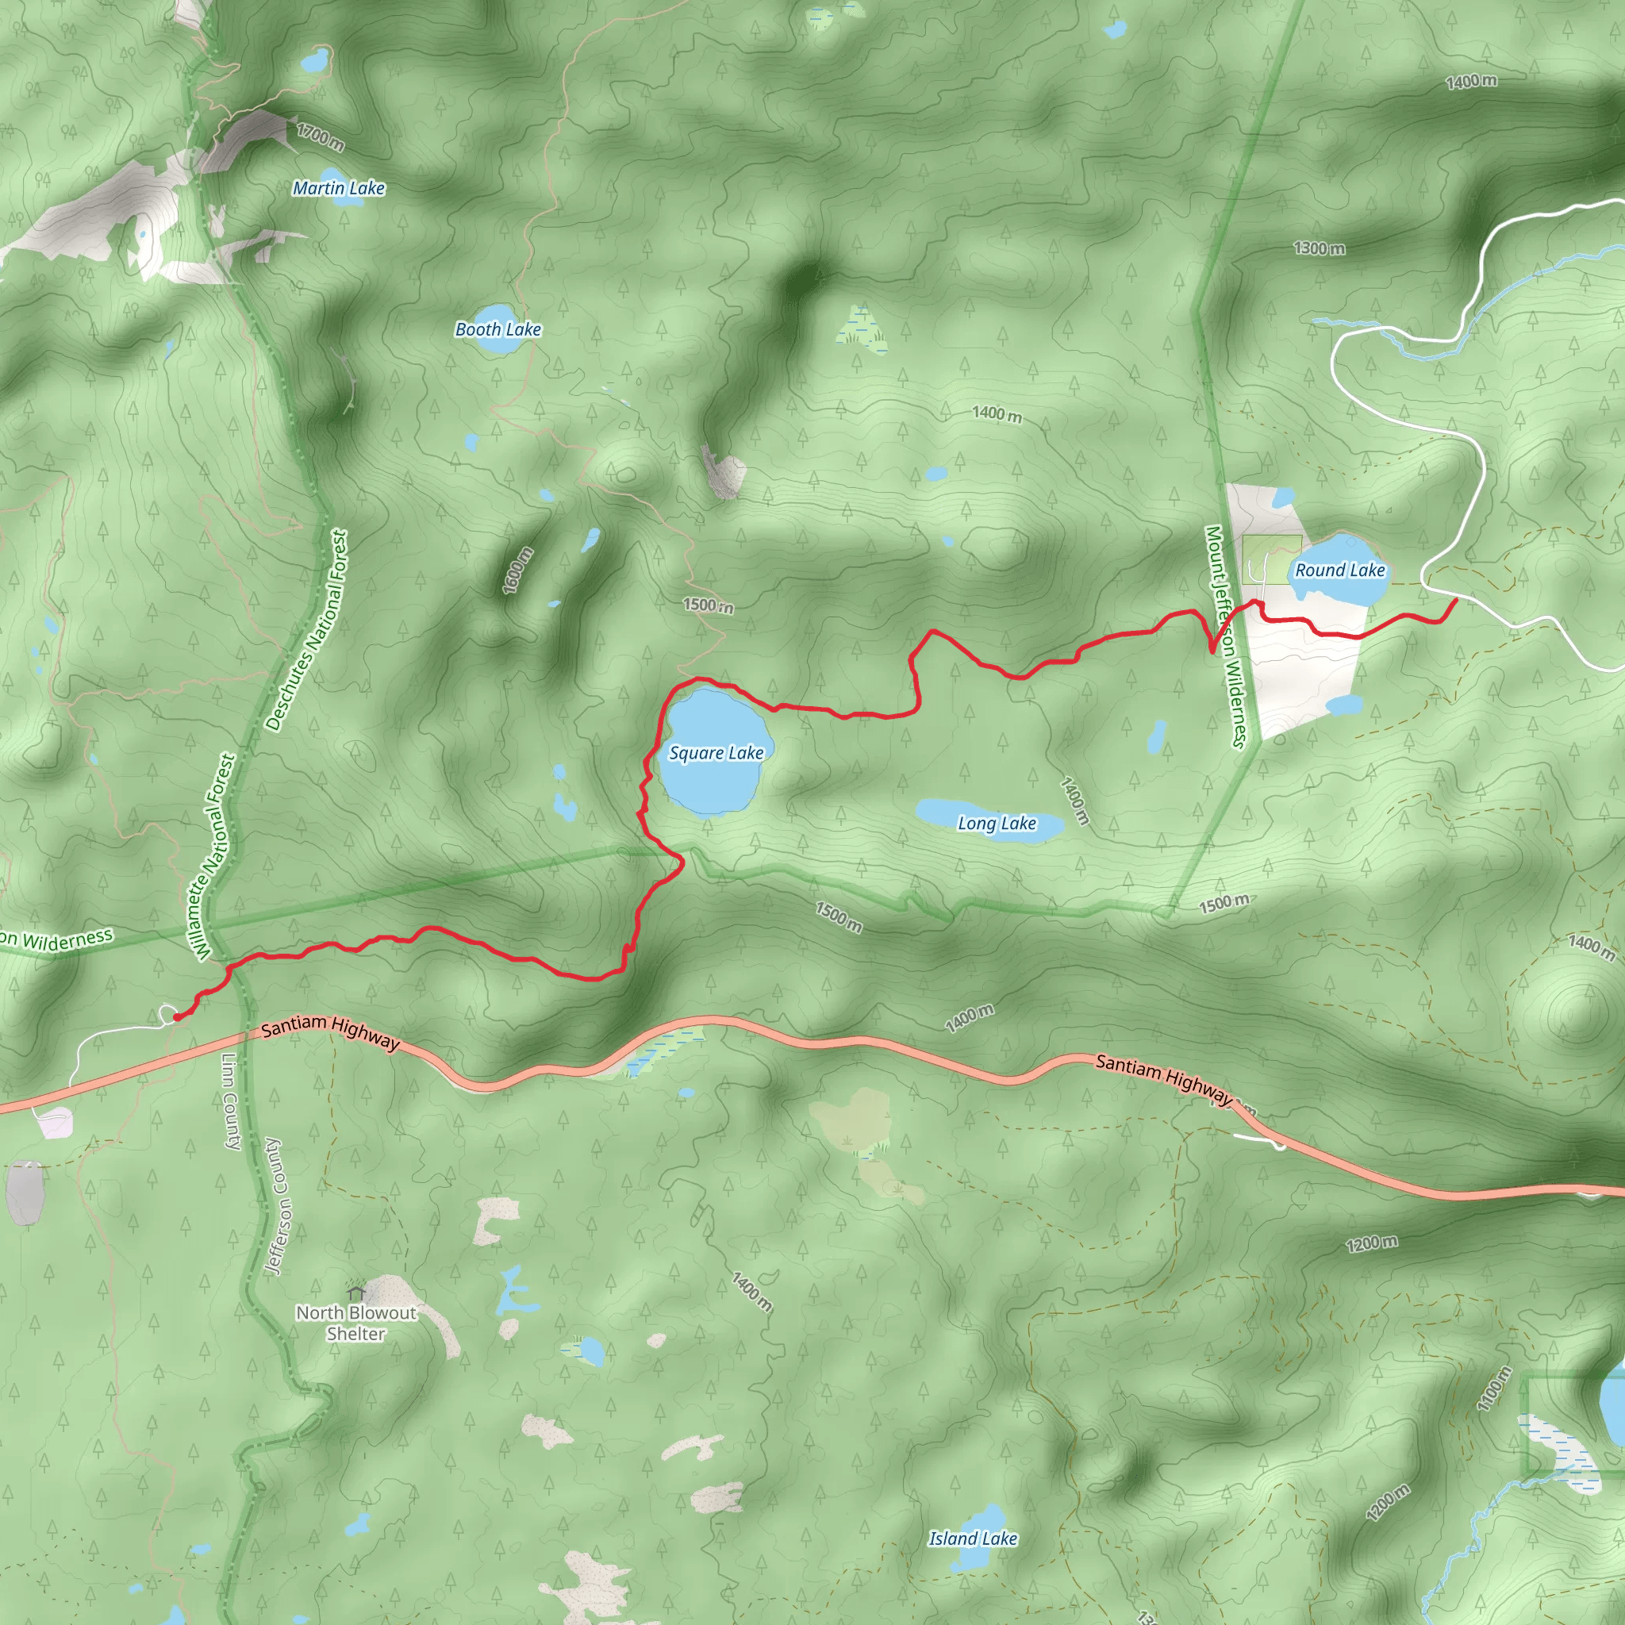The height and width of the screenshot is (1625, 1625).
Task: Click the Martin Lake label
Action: coord(338,188)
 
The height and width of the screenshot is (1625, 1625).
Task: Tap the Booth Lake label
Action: coord(498,330)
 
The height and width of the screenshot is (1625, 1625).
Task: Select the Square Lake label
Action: coord(716,753)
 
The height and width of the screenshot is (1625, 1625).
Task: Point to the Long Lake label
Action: coord(997,824)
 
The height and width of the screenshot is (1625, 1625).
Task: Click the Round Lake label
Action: coord(1340,570)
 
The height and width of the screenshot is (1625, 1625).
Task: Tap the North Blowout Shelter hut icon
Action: coord(355,1291)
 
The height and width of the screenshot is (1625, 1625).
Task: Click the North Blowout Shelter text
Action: coord(355,1323)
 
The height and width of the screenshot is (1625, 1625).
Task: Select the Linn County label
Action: coord(232,1101)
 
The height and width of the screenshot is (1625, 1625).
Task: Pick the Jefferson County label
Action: coord(277,1206)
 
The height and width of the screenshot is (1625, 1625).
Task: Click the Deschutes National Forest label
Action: coord(307,630)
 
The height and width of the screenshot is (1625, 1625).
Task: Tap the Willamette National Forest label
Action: coord(215,856)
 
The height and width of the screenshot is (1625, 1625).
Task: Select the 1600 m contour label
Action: coord(518,570)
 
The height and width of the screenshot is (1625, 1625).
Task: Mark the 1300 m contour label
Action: coord(1319,248)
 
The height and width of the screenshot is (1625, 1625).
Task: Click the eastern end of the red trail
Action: coord(1456,600)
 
